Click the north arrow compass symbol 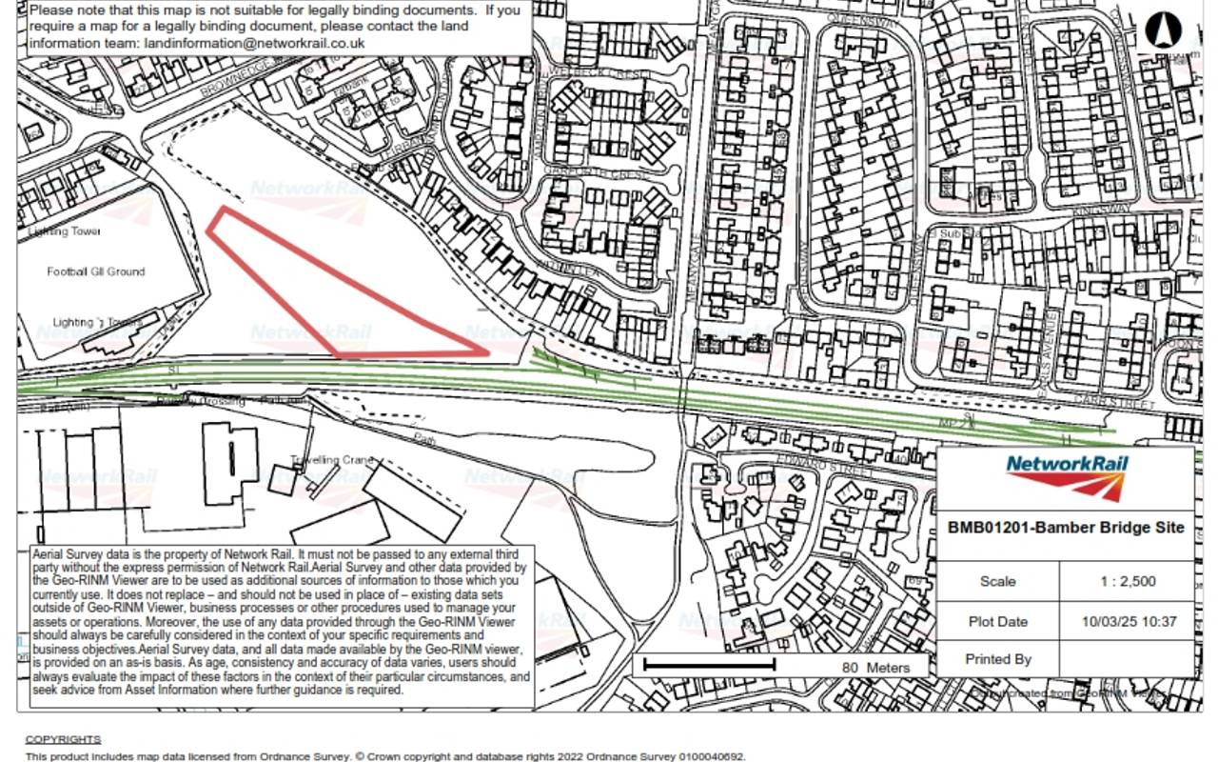(x=1159, y=30)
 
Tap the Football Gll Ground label (x=96, y=271)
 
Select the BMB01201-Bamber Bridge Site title (x=1066, y=528)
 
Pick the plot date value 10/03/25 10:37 (x=1129, y=622)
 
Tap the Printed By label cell (x=998, y=659)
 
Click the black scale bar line (x=709, y=664)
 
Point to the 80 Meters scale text (x=875, y=668)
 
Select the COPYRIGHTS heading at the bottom (x=63, y=739)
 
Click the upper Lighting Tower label (x=65, y=231)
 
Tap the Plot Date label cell (x=998, y=622)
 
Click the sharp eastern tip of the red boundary (x=487, y=353)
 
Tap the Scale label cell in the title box (x=998, y=581)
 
